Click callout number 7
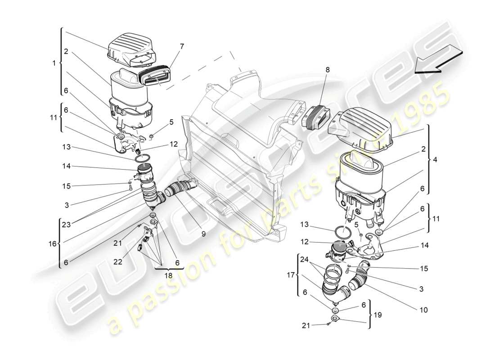181,46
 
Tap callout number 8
327,70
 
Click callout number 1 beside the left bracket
54,63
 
